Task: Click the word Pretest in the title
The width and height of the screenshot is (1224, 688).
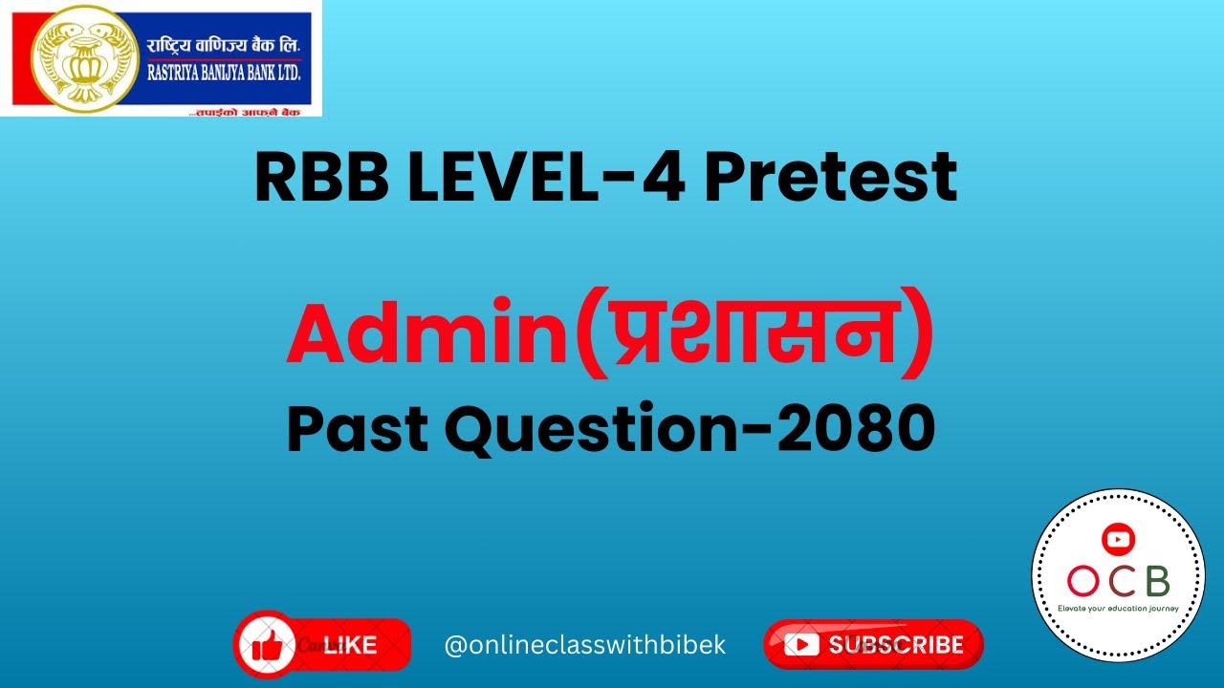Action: pos(830,179)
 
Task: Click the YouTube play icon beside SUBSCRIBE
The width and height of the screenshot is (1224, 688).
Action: pos(800,645)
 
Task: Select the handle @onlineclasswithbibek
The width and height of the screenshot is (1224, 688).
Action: pos(585,645)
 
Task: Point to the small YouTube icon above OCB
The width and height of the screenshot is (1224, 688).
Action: pos(1117,539)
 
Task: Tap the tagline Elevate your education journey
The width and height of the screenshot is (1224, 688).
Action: pos(1118,608)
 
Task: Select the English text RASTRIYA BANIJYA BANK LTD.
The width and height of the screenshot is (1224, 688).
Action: pos(223,69)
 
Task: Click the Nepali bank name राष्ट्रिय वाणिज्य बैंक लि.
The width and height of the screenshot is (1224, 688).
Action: pos(223,45)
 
